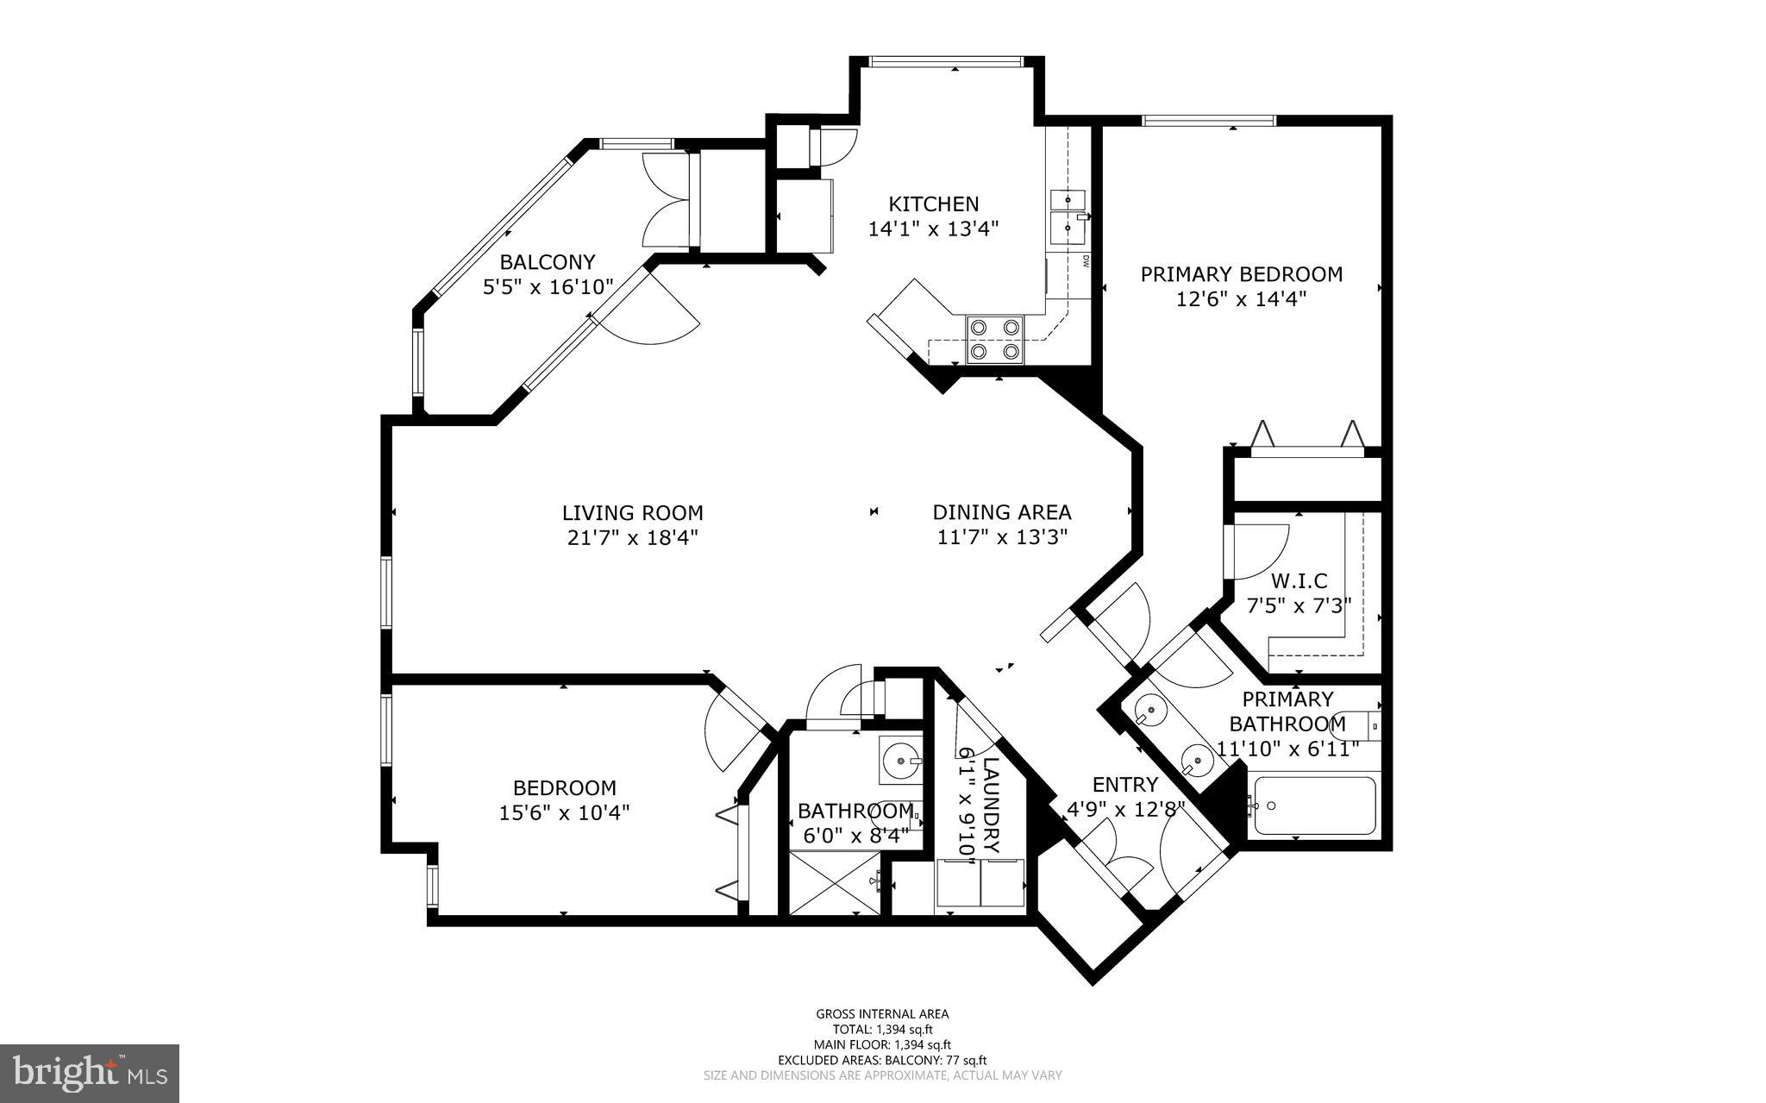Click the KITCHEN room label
click(x=933, y=204)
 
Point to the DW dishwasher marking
click(x=1086, y=261)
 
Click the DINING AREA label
click(x=1001, y=512)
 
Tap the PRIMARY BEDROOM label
click(x=1241, y=274)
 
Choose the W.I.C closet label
click(x=1299, y=581)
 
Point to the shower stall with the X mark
click(x=834, y=881)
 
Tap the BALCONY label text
click(x=548, y=261)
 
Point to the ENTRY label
click(x=1124, y=785)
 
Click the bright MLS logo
click(x=90, y=1073)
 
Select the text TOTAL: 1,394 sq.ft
click(x=882, y=1029)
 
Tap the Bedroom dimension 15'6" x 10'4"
click(x=564, y=812)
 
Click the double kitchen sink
click(x=1070, y=213)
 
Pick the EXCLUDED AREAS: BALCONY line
click(x=882, y=1060)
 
